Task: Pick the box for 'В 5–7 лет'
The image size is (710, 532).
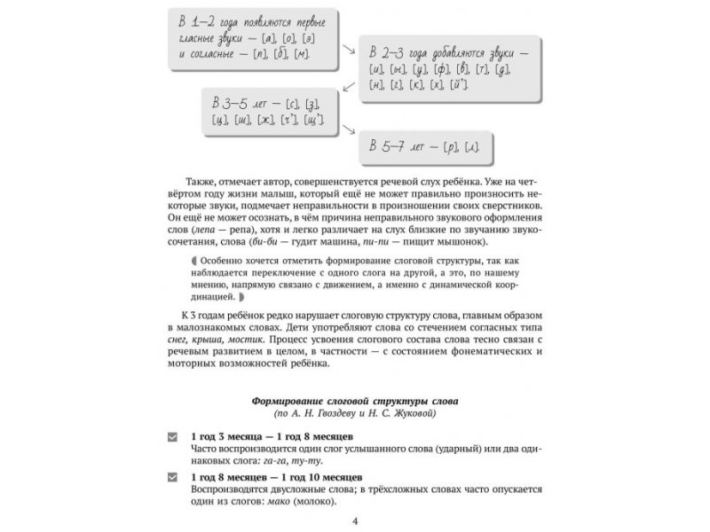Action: [x=430, y=145]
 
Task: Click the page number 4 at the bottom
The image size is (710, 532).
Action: [x=355, y=520]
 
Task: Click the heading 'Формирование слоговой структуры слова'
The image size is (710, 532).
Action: [x=354, y=400]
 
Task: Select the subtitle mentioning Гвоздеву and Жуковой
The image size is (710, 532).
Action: [x=354, y=413]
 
